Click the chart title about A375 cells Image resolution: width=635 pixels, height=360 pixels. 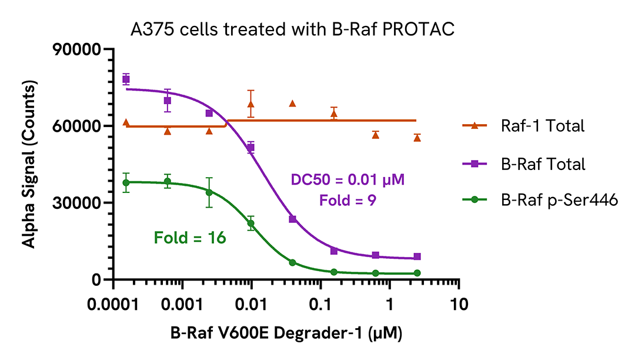(x=292, y=29)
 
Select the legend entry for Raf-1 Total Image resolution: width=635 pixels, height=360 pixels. (x=542, y=125)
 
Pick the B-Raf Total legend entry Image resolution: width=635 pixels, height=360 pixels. (x=543, y=164)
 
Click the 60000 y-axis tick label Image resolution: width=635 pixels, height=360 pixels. (x=76, y=126)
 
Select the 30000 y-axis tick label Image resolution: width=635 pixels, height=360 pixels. (x=76, y=203)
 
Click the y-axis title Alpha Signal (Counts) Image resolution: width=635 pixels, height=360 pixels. (x=27, y=165)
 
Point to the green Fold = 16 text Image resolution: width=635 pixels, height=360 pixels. (x=190, y=238)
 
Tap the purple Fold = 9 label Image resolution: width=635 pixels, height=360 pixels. (x=347, y=201)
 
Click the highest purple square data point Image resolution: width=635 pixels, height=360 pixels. (x=126, y=79)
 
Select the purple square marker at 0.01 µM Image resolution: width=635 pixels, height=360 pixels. (x=251, y=148)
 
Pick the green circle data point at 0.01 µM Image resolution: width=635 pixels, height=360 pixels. (x=251, y=224)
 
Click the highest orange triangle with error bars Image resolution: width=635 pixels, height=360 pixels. (x=251, y=104)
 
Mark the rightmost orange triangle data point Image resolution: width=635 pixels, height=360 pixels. (x=417, y=138)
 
